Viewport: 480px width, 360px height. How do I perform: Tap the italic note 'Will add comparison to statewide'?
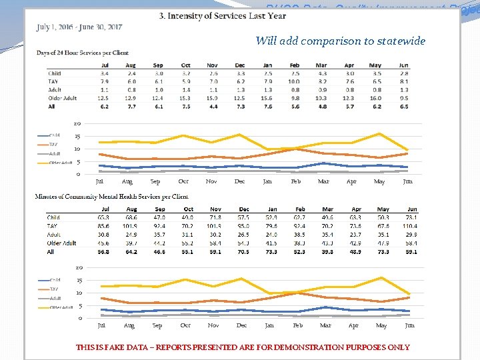pos(340,41)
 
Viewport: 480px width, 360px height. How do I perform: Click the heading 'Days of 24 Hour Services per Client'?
pos(82,52)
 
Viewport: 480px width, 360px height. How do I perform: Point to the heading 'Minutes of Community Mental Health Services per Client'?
pos(111,197)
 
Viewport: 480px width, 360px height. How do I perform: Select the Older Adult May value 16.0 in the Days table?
pos(378,98)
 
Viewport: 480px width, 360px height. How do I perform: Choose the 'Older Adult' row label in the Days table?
pos(61,98)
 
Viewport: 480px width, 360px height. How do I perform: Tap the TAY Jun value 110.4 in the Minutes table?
pos(409,226)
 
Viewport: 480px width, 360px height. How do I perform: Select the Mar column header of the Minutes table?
pos(327,209)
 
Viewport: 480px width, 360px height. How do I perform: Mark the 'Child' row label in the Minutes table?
pos(53,217)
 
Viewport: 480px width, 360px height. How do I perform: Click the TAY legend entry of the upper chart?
pos(55,144)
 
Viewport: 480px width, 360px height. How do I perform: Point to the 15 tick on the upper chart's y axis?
pos(77,136)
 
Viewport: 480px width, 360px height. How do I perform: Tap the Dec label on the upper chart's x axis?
pos(240,181)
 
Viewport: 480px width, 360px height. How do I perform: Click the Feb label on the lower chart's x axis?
pos(298,325)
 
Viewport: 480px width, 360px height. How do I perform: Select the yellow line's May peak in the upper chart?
pos(379,134)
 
